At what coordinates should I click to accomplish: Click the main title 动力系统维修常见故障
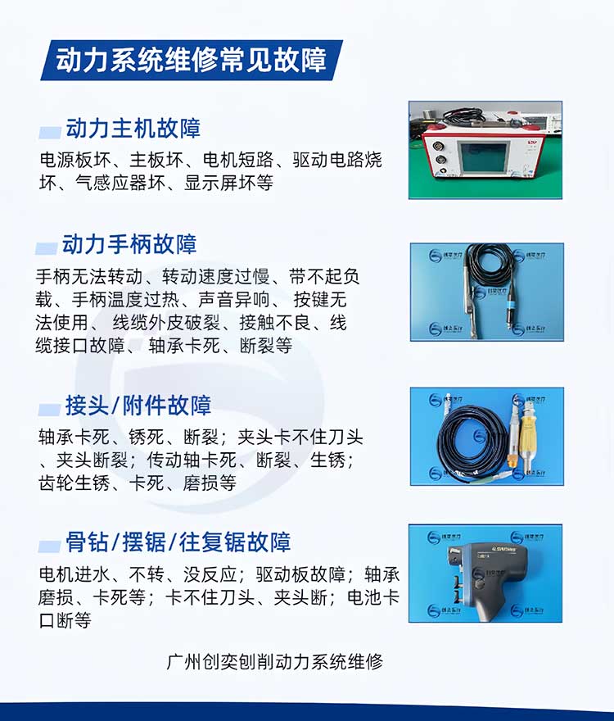pos(191,60)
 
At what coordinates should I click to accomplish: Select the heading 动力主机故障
pos(133,129)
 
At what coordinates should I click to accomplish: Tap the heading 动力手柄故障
pos(129,244)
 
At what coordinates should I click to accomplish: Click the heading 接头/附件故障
pos(138,406)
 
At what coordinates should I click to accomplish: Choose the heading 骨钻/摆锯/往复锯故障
pos(178,542)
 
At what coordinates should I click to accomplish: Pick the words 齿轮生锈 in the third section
pos(70,483)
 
